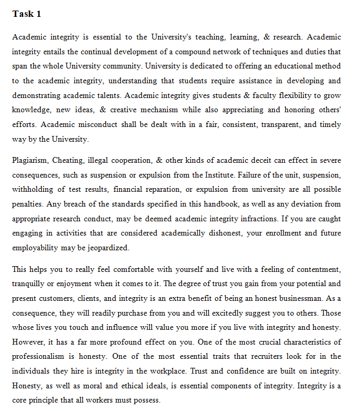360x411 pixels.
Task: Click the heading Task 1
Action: coord(26,14)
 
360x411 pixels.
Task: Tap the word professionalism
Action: coord(45,357)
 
